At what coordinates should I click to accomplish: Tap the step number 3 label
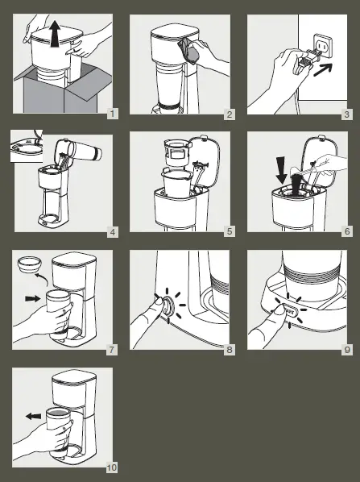coord(346,114)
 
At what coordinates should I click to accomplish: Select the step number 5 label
coord(230,232)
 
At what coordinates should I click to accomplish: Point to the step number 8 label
coord(230,349)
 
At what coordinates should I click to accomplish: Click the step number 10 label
coord(111,467)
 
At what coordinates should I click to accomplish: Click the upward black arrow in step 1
coord(55,36)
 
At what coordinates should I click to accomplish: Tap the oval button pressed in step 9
coord(288,307)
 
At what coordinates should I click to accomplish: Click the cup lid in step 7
coord(29,264)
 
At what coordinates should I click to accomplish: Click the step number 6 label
coord(346,232)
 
